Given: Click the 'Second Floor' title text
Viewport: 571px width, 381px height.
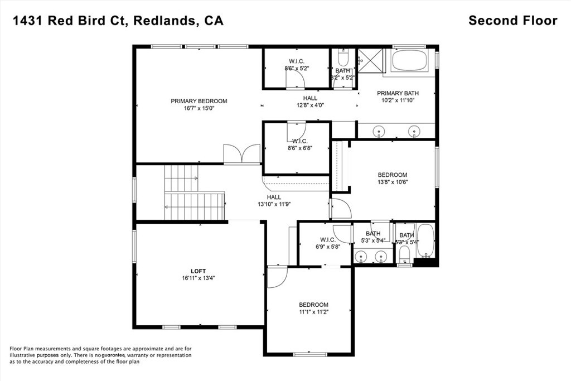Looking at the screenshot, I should point(512,21).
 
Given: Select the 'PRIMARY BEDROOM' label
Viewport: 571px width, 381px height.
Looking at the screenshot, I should point(199,101).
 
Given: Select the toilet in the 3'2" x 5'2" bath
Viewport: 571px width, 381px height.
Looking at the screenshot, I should point(343,58).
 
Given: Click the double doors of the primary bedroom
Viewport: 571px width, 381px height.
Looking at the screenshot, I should point(242,154).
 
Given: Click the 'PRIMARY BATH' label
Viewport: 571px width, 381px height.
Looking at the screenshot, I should point(398,93).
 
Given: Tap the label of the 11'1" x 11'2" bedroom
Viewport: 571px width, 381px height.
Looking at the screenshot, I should point(313,305).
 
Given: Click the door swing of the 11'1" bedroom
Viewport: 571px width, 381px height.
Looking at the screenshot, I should point(276,277).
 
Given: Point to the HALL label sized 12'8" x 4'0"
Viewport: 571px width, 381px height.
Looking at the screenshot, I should point(310,98).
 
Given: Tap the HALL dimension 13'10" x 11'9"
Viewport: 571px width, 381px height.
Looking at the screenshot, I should point(274,204).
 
